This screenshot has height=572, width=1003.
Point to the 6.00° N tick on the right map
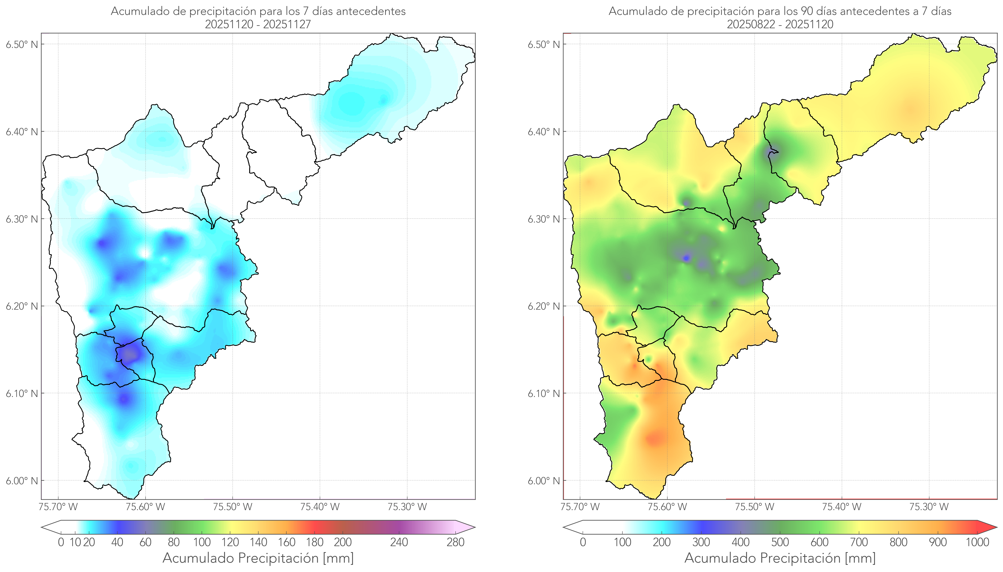[544, 481]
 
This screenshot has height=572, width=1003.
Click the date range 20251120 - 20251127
[258, 24]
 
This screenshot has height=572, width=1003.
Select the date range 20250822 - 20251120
[780, 24]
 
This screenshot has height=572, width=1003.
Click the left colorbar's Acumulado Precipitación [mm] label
[258, 558]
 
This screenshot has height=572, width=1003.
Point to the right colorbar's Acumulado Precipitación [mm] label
[780, 558]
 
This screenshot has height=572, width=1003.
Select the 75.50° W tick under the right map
[754, 507]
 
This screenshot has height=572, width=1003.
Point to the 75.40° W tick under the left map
[320, 507]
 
